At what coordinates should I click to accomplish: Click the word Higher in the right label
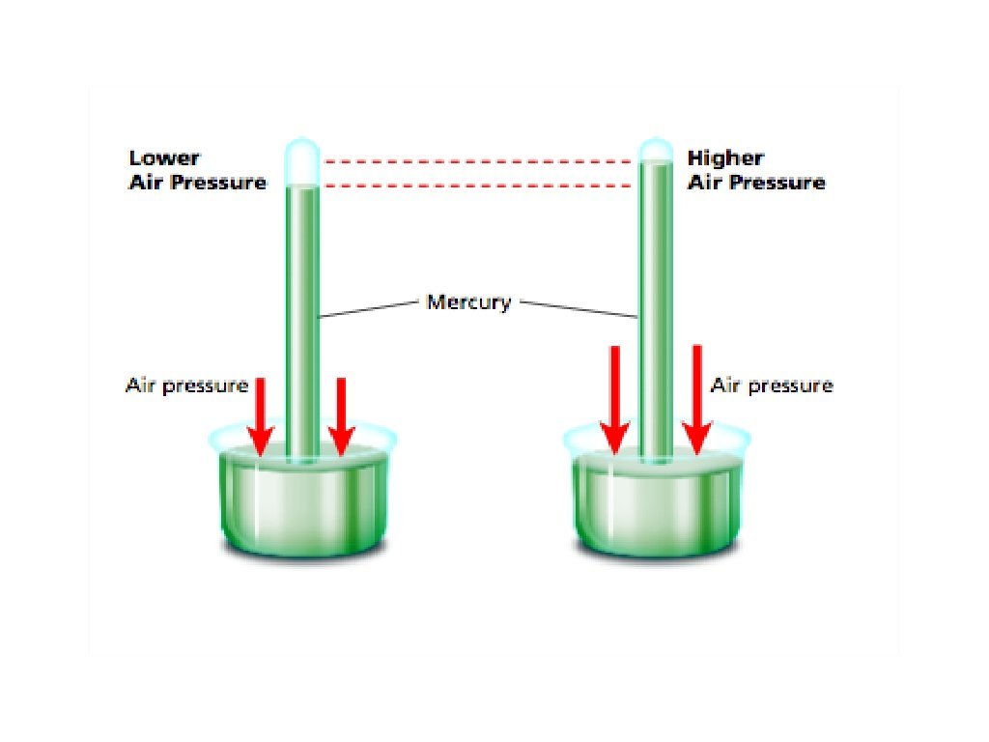[724, 158]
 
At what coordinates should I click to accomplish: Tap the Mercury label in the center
[468, 302]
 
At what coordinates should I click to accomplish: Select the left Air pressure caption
[186, 385]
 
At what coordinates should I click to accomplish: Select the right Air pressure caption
[771, 385]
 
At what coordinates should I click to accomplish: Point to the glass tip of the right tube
[657, 150]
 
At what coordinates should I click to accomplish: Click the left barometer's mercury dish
[302, 502]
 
